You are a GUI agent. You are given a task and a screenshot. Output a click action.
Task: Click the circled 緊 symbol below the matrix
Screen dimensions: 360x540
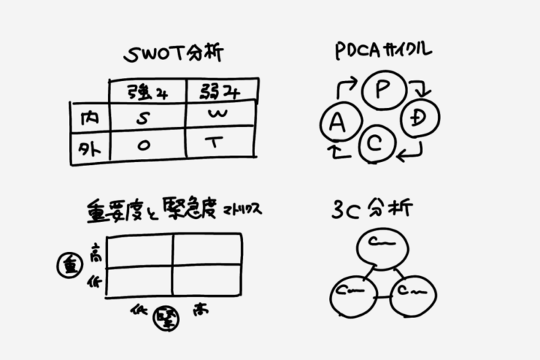[x=163, y=318]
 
